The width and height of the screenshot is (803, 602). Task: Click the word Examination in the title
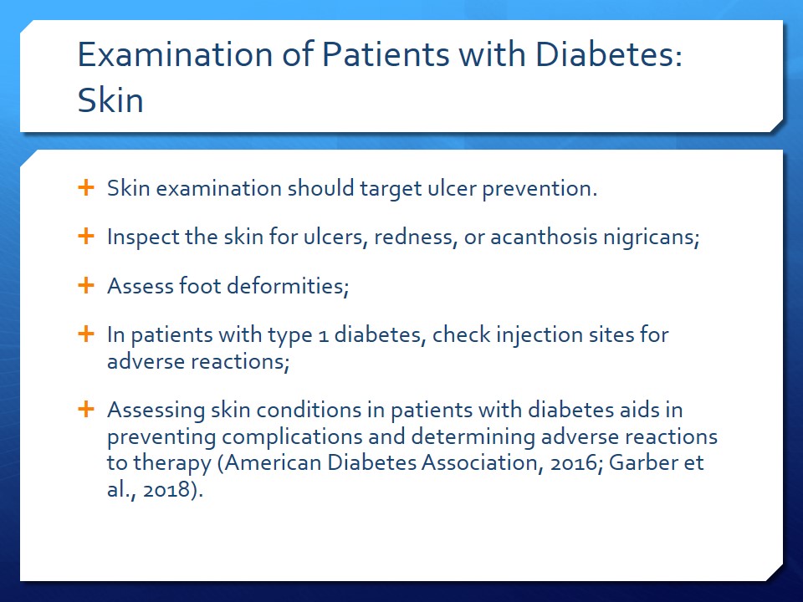175,54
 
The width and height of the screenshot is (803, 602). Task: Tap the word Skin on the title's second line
110,99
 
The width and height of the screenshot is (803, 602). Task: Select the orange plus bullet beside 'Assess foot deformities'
86,285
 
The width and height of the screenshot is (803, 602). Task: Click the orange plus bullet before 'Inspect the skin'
86,236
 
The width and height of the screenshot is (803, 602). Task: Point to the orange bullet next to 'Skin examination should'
86,187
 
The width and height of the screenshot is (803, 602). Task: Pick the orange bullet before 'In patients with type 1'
86,334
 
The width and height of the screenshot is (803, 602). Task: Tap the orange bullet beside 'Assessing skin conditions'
86,409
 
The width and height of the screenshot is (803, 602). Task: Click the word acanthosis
544,237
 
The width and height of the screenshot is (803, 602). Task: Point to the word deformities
288,286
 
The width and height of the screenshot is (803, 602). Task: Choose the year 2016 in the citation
575,463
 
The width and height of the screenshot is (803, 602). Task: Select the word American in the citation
273,462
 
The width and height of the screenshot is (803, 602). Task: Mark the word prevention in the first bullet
540,189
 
